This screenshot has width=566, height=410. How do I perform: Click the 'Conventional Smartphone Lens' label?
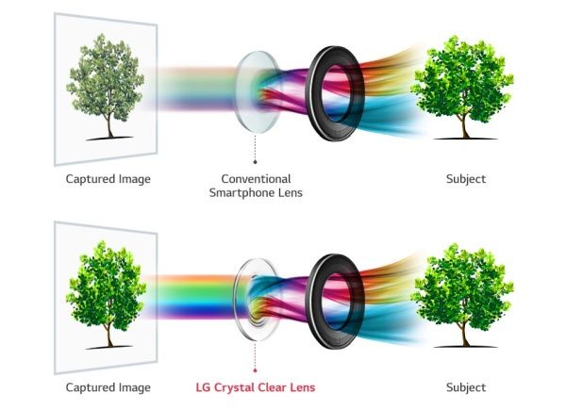[256, 186]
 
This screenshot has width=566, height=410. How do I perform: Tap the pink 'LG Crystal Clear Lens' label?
[256, 387]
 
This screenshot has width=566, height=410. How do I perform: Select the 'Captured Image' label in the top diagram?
[108, 179]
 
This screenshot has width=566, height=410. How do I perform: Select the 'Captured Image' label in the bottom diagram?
[108, 387]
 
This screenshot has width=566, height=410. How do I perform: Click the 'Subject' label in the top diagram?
[466, 179]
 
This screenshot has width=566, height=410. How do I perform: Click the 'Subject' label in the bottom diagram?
[466, 387]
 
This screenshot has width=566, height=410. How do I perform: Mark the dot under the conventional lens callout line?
[256, 162]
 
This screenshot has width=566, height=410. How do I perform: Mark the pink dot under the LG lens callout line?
[256, 370]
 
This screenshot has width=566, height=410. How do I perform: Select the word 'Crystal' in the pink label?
[235, 388]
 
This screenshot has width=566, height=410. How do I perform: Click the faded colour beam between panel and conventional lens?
[195, 89]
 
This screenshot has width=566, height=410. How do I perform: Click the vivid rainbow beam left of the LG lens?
[191, 297]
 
